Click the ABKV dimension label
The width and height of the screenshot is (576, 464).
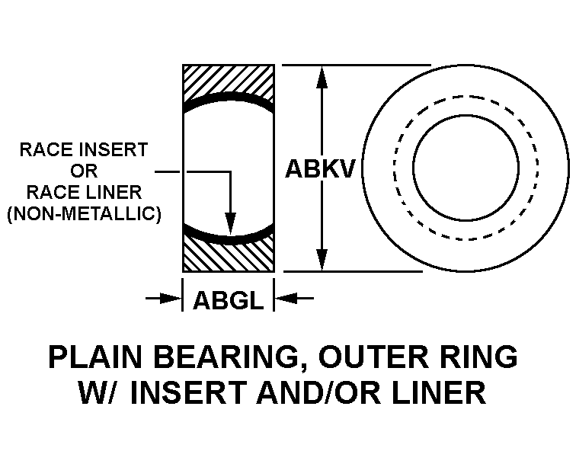tap(320, 169)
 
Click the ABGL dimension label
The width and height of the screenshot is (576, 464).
tap(228, 300)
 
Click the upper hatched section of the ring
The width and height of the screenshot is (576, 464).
tap(229, 81)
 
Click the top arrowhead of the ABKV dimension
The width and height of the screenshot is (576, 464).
tap(322, 76)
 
